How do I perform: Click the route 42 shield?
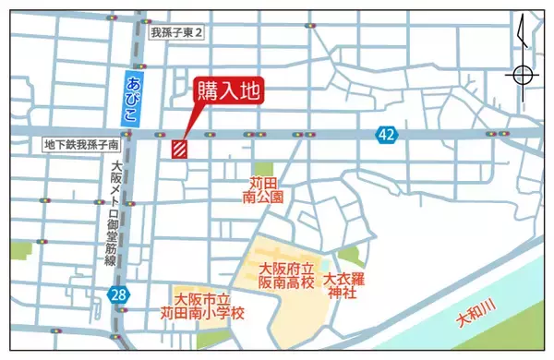(386, 136)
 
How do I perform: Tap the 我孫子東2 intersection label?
(175, 32)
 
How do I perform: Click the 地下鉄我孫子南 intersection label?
(82, 145)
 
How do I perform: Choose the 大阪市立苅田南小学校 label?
(211, 306)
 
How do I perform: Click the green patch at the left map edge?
(20, 249)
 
